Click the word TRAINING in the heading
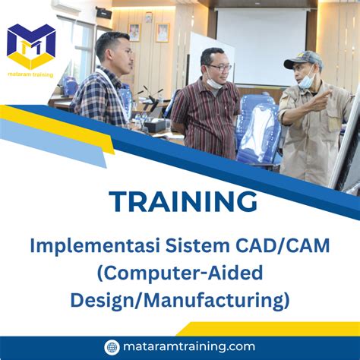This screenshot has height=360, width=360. click(x=182, y=202)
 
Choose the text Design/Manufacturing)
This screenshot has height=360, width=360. click(x=180, y=299)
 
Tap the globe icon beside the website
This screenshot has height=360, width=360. click(x=112, y=347)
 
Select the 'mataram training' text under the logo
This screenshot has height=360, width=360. click(x=31, y=75)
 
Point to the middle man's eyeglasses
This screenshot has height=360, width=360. click(x=219, y=68)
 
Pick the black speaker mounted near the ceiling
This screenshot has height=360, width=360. click(x=104, y=13)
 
